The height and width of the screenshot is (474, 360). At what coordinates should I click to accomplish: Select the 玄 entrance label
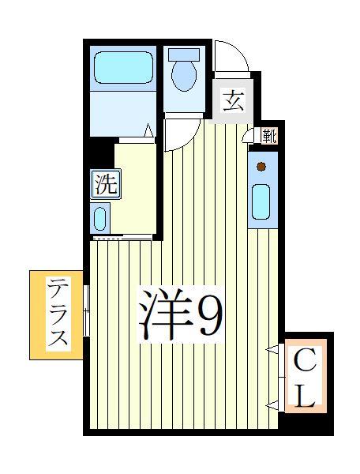click(231, 100)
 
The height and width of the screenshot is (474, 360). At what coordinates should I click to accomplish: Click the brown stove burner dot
click(261, 167)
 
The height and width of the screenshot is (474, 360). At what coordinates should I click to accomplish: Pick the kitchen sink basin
click(261, 202)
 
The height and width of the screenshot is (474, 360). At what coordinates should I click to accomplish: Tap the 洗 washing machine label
click(105, 185)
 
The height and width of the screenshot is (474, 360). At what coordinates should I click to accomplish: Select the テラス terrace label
click(57, 314)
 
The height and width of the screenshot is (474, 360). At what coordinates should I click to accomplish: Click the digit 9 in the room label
click(209, 316)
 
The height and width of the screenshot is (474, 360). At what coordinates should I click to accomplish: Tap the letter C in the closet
click(306, 363)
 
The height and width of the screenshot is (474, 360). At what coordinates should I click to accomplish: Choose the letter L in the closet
click(306, 396)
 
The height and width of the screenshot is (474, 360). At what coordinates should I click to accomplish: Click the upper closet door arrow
click(272, 349)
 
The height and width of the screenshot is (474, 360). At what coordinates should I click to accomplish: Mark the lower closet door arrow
click(272, 405)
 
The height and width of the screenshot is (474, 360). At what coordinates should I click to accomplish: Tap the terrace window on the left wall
click(87, 311)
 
